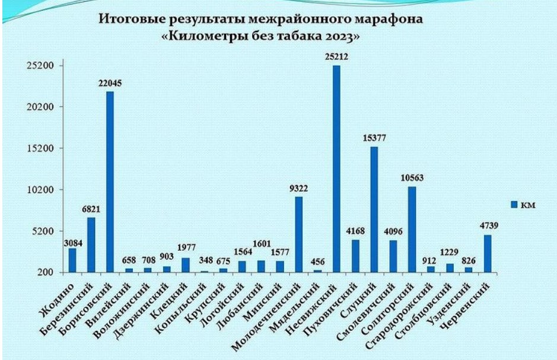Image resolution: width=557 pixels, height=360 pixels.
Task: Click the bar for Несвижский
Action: pyautogui.click(x=336, y=169)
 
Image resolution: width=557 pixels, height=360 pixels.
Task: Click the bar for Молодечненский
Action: pyautogui.click(x=298, y=234)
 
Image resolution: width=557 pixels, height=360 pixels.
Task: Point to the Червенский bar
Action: pyautogui.click(x=488, y=254)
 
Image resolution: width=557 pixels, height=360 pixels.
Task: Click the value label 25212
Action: pyautogui.click(x=336, y=57)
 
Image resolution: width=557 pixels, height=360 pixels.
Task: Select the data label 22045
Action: pyautogui.click(x=110, y=84)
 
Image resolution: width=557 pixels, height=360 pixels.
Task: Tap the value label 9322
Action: pyautogui.click(x=298, y=189)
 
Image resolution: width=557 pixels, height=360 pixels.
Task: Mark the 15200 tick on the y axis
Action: pyautogui.click(x=42, y=148)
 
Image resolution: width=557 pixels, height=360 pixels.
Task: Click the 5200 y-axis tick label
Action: pyautogui.click(x=44, y=231)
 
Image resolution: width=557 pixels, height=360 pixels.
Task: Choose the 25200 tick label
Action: pyautogui.click(x=42, y=65)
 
